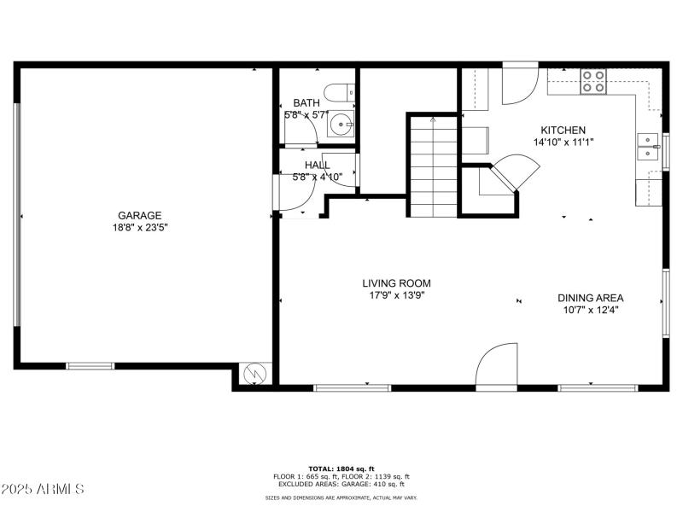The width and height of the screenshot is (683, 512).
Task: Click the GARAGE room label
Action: (139, 216)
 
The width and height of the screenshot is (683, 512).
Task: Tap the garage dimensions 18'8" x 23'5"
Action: (139, 228)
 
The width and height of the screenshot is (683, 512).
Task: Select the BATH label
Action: (306, 102)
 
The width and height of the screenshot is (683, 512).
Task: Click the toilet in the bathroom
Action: (341, 91)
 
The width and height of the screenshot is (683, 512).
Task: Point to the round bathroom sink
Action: (342, 125)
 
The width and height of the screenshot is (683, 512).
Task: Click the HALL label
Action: (317, 166)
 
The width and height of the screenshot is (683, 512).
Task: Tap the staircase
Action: (433, 166)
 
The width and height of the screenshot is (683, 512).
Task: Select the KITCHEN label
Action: (563, 130)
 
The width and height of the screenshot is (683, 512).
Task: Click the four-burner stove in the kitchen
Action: (593, 81)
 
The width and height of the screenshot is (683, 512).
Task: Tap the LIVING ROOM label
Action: (396, 283)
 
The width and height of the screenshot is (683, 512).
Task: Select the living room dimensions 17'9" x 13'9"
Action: (396, 295)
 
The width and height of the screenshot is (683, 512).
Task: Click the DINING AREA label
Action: (590, 298)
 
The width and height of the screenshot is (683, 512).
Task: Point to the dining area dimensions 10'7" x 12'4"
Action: (590, 310)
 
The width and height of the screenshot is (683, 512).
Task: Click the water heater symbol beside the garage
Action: (254, 374)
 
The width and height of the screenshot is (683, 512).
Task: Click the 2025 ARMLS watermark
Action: (43, 489)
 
